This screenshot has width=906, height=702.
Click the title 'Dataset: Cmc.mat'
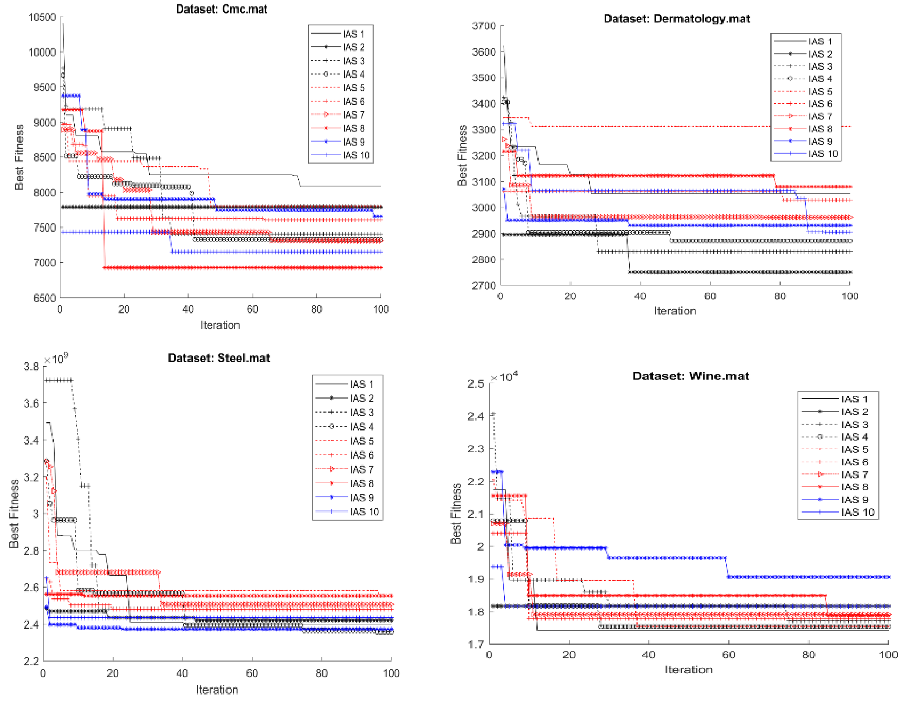tap(222, 9)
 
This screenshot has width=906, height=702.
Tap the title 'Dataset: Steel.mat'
tap(219, 358)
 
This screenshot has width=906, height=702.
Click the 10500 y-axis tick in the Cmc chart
tap(42, 17)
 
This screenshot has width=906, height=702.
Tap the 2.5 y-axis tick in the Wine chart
tap(476, 384)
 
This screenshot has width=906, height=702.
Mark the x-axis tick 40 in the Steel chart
tap(182, 673)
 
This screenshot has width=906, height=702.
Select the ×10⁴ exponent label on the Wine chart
tap(504, 377)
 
